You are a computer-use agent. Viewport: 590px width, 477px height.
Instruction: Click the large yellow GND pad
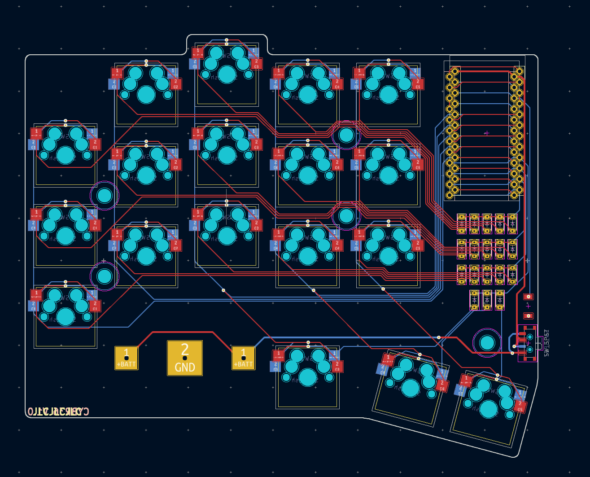184,358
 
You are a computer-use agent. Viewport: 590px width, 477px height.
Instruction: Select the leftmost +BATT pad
126,358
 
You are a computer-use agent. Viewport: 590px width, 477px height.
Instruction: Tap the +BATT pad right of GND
243,358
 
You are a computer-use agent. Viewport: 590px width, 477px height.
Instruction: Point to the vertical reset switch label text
546,343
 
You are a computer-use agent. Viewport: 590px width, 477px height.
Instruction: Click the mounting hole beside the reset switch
487,343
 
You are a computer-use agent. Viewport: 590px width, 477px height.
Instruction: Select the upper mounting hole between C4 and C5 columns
346,135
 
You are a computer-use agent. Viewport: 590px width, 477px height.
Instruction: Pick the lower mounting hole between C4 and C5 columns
346,216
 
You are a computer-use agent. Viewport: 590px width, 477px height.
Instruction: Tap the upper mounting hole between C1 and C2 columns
105,196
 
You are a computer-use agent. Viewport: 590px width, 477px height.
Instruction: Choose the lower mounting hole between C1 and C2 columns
105,276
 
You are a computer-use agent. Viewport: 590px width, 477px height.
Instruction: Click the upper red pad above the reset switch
529,297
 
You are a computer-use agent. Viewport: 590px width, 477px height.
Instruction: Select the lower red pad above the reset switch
529,316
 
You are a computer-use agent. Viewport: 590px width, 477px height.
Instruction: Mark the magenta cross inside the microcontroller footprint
487,133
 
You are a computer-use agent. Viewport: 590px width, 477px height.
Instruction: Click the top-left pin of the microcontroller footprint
455,71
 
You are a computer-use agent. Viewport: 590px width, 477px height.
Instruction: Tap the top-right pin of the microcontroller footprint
520,71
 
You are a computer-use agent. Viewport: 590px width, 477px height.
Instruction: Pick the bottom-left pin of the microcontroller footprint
450,195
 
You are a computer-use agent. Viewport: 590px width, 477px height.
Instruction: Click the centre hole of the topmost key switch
227,74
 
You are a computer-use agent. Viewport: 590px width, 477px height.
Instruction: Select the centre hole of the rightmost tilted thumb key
489,409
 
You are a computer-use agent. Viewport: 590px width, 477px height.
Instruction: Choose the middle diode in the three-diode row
487,300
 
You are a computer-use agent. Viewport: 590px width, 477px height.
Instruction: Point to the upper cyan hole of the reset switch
530,337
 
